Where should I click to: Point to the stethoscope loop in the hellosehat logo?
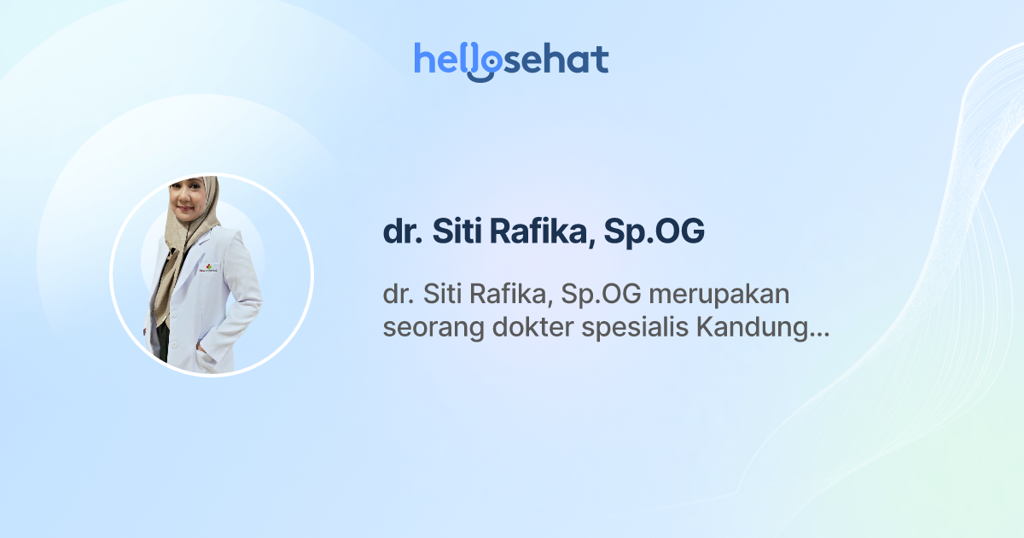484,67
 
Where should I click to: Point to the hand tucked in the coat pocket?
200,348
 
